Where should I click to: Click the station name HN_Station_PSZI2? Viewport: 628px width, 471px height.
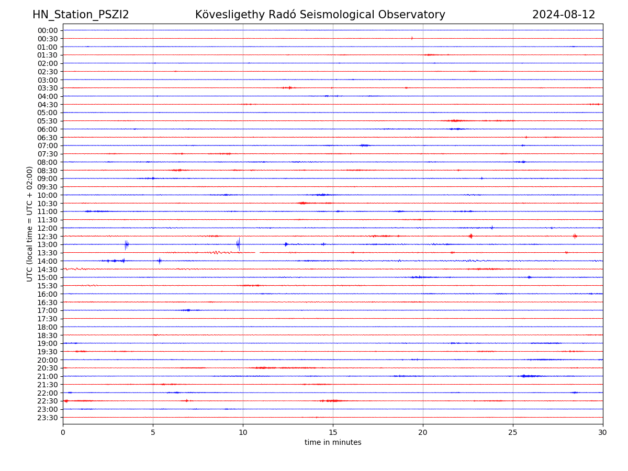pos(81,15)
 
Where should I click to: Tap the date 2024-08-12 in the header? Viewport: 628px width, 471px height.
pos(564,15)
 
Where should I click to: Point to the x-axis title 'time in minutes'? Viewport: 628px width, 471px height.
pos(333,443)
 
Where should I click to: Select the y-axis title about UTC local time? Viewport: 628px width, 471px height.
pos(30,224)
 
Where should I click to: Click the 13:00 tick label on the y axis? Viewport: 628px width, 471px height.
pos(48,244)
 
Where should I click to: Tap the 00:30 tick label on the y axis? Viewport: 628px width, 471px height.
pos(48,39)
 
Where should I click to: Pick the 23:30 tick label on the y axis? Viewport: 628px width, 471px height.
pos(48,418)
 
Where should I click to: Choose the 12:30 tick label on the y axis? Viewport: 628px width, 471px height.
pos(48,237)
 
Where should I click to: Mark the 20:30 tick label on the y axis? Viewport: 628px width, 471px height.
pos(48,368)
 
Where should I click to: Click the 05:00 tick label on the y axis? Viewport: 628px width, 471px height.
pos(48,113)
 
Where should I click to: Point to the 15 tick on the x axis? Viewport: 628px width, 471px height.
pos(333,432)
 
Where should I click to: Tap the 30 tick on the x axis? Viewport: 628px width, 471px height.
pos(603,432)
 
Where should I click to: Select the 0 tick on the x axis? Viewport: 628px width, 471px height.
pos(63,432)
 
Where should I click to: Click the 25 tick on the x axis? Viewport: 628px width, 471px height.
pos(513,432)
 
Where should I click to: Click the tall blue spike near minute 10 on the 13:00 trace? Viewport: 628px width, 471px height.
pos(239,244)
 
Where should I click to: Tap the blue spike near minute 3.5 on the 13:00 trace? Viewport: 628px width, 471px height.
pos(126,244)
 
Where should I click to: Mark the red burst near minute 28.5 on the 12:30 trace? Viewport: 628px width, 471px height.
pos(575,236)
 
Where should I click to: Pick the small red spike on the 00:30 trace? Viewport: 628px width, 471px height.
pos(412,38)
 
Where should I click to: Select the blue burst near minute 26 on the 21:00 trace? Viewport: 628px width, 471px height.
pos(530,376)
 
